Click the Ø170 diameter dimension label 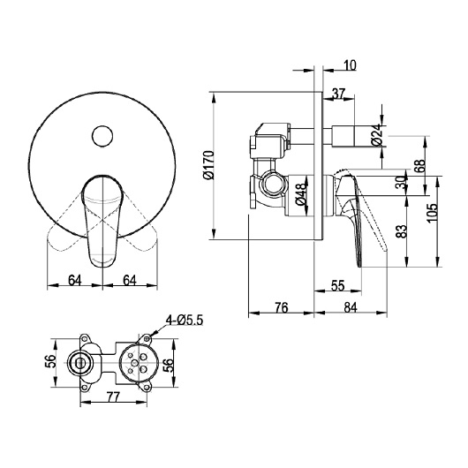point(208,164)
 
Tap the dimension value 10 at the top point(351,65)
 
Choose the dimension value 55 point(337,285)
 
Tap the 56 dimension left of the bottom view point(52,362)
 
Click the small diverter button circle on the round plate point(103,136)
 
